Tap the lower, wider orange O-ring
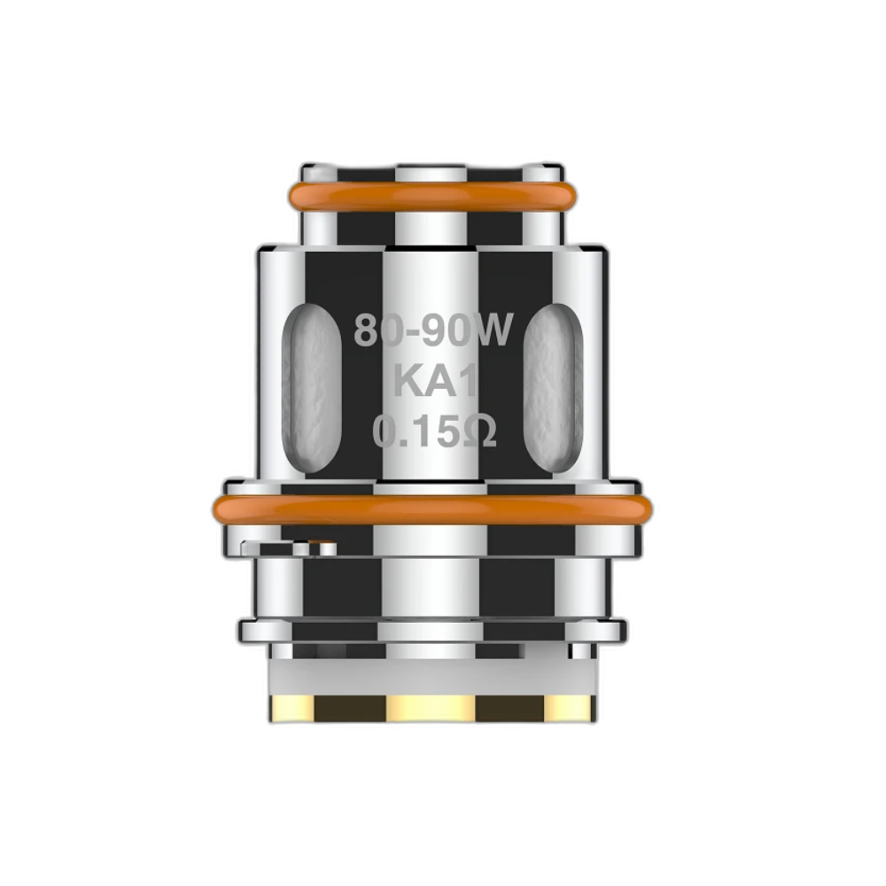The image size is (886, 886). click(432, 509)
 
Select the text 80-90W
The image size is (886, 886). click(433, 331)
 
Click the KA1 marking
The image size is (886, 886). click(435, 382)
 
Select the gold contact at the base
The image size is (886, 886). click(432, 706)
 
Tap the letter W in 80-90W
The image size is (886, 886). click(494, 331)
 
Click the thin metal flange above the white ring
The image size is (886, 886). click(432, 629)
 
